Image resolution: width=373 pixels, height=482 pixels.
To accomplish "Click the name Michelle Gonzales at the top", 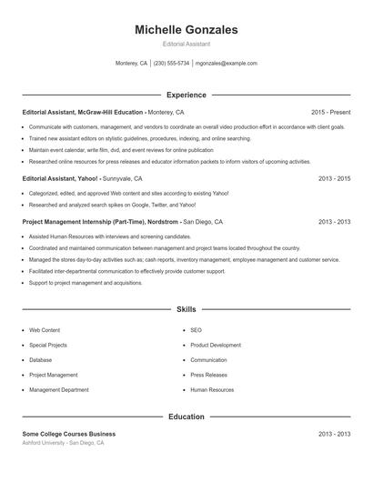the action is click(x=186, y=30).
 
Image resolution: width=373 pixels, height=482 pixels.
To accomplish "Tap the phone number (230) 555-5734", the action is click(x=171, y=64).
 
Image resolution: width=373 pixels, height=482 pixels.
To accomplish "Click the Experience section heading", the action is click(x=186, y=95).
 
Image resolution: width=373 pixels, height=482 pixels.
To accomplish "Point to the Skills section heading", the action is click(x=186, y=309).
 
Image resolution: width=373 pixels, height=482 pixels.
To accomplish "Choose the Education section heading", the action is click(x=186, y=417).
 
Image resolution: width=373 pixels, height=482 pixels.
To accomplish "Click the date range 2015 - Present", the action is click(x=330, y=112).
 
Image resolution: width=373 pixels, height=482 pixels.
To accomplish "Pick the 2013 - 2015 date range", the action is click(x=334, y=178).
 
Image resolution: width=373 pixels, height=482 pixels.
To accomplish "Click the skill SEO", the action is click(x=196, y=330).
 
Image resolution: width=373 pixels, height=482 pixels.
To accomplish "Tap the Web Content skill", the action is click(x=45, y=330).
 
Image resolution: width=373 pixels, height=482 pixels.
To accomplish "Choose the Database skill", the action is click(x=42, y=360).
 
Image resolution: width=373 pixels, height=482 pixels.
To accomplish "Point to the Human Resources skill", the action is click(x=212, y=389).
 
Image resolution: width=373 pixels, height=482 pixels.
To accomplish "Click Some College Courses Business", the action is click(x=69, y=434).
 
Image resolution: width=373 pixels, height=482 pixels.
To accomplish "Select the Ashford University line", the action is click(x=64, y=444).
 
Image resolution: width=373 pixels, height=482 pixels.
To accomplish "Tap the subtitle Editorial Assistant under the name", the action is click(x=186, y=44).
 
